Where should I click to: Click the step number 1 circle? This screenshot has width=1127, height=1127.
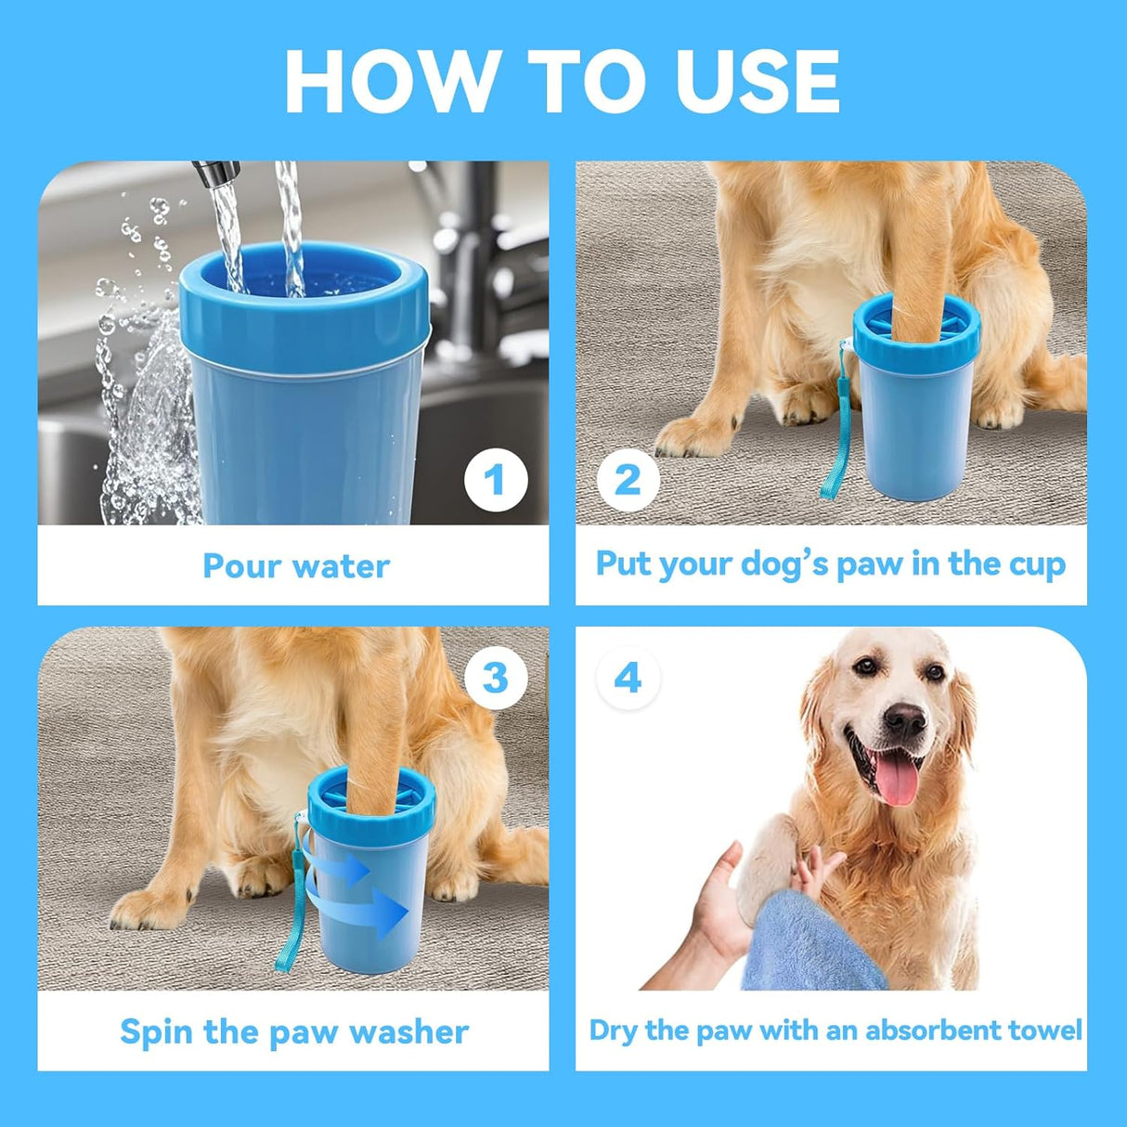pyautogui.click(x=496, y=480)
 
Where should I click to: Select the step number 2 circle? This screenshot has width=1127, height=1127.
pyautogui.click(x=628, y=480)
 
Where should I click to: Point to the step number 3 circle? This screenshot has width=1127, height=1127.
pyautogui.click(x=496, y=678)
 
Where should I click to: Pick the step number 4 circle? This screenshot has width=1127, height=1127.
pyautogui.click(x=628, y=678)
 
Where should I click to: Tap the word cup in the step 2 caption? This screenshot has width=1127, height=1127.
pyautogui.click(x=1037, y=565)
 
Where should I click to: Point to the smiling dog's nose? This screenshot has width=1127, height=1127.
pyautogui.click(x=904, y=719)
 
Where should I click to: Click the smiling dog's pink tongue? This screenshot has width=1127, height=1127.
pyautogui.click(x=897, y=783)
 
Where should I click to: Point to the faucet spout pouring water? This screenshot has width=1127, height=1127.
pyautogui.click(x=214, y=173)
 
